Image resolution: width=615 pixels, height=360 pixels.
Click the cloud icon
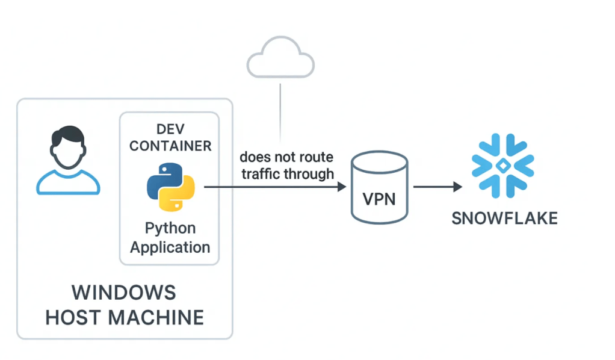pyautogui.click(x=280, y=57)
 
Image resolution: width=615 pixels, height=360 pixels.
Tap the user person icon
pyautogui.click(x=68, y=161)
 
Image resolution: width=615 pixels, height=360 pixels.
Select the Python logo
pyautogui.click(x=170, y=185)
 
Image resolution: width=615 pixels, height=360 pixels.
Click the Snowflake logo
pyautogui.click(x=502, y=166)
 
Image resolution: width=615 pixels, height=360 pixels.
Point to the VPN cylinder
pyautogui.click(x=379, y=187)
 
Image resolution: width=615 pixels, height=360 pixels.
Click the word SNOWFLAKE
pyautogui.click(x=504, y=217)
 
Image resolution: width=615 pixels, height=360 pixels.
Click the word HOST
pyautogui.click(x=75, y=317)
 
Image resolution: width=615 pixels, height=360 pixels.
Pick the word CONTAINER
pyautogui.click(x=170, y=146)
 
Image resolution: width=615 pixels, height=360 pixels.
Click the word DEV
pyautogui.click(x=170, y=128)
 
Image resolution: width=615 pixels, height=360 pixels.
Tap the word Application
pyautogui.click(x=170, y=247)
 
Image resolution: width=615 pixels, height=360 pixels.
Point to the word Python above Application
pyautogui.click(x=170, y=228)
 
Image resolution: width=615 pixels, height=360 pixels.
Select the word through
pyautogui.click(x=311, y=174)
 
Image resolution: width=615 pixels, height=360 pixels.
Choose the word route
pyautogui.click(x=317, y=158)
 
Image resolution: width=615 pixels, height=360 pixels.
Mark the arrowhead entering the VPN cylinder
pyautogui.click(x=341, y=187)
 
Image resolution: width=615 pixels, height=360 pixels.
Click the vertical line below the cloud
pyautogui.click(x=280, y=111)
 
